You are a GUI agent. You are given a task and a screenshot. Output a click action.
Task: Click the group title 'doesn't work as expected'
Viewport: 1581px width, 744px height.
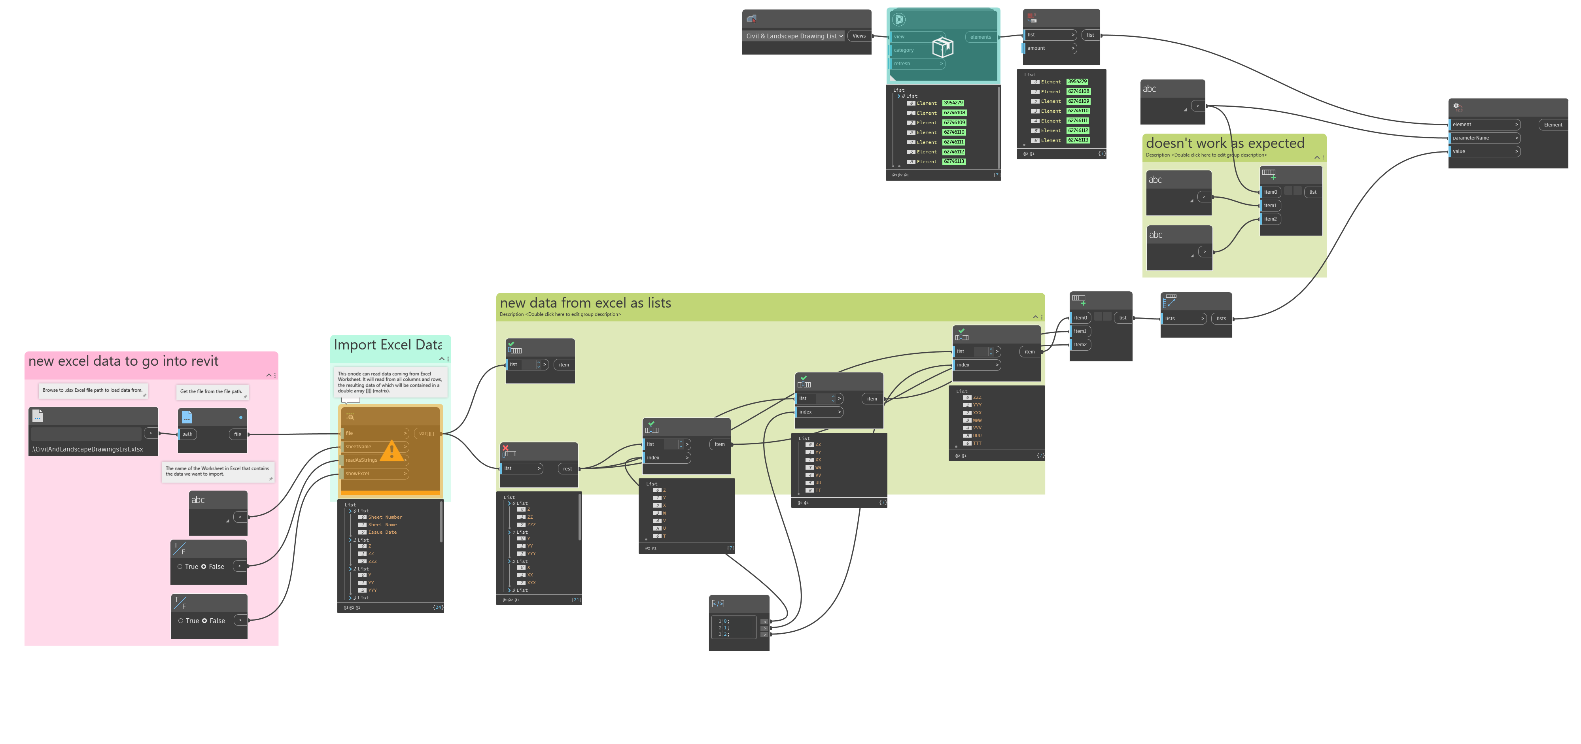[1224, 144]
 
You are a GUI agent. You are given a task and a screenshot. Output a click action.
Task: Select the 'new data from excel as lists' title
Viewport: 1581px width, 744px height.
[586, 303]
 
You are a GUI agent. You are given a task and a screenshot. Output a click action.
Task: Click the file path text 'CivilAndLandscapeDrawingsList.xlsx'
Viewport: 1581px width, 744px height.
[88, 449]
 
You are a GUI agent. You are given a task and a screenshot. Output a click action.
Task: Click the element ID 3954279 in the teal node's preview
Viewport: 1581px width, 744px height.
[953, 103]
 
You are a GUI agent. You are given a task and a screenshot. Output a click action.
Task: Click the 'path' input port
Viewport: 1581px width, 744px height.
[187, 434]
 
